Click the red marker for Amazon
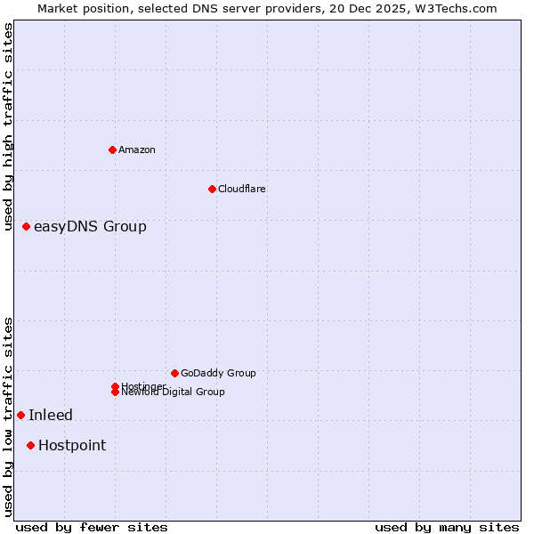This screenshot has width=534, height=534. click(x=112, y=150)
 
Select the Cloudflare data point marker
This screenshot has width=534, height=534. click(x=212, y=189)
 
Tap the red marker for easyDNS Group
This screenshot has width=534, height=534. click(x=26, y=227)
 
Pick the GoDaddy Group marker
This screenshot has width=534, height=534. click(x=174, y=373)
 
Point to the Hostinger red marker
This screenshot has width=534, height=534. click(x=115, y=386)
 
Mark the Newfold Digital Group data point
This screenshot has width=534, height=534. click(x=115, y=392)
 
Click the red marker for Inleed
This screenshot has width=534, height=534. click(x=20, y=415)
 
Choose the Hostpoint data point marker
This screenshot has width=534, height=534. click(x=30, y=445)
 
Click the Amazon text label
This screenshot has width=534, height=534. click(x=137, y=150)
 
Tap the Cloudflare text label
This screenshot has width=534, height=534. click(x=241, y=189)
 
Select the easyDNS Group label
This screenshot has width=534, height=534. click(x=90, y=227)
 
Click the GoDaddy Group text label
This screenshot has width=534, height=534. click(x=218, y=373)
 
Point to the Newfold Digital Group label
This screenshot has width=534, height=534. click(x=174, y=392)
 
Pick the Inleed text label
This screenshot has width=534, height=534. click(x=51, y=416)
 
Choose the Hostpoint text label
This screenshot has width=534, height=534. click(x=72, y=446)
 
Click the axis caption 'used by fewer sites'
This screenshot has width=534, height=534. click(x=92, y=527)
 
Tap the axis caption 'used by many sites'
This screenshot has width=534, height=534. click(x=447, y=527)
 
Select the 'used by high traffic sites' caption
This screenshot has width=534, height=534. click(x=9, y=126)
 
